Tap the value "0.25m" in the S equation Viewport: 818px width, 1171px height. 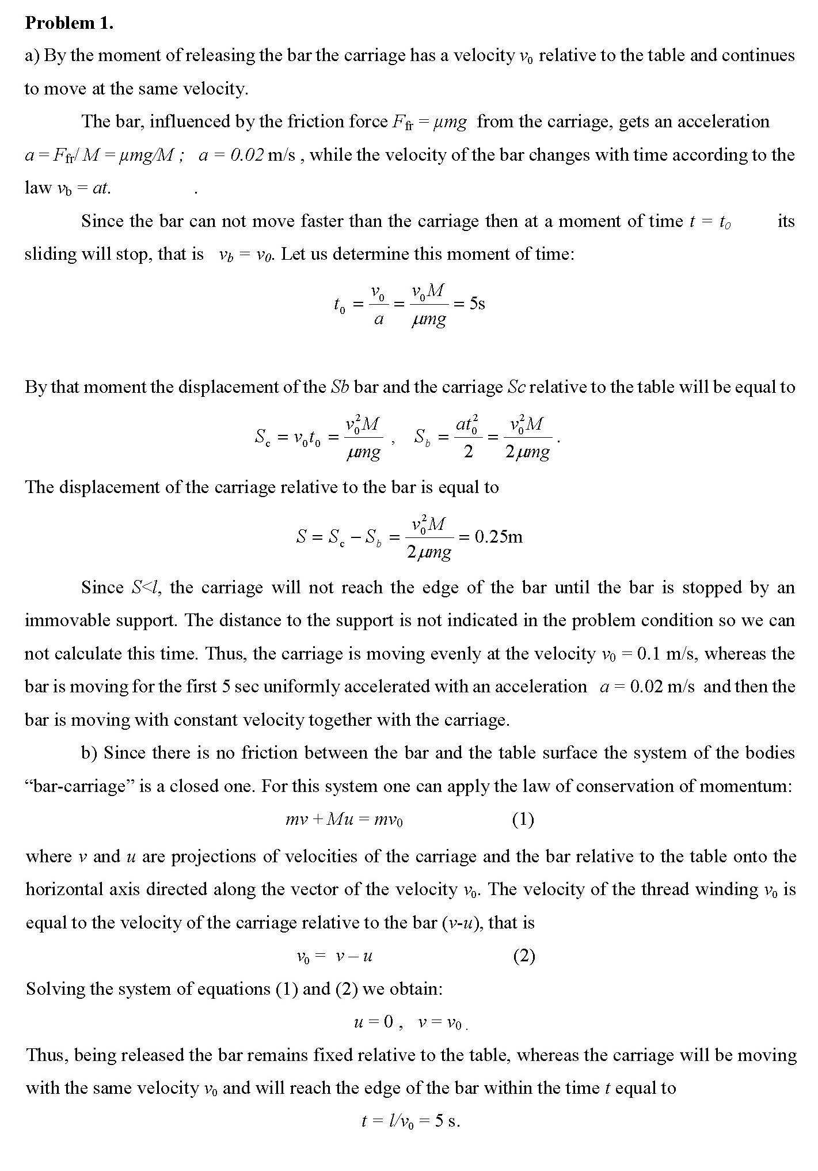coord(499,537)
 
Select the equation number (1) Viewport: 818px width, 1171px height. coord(523,819)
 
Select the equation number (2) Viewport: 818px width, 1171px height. coord(523,956)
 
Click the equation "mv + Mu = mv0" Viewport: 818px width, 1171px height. coord(344,820)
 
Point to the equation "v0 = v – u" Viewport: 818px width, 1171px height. coord(334,957)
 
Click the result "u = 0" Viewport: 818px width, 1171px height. coord(373,1022)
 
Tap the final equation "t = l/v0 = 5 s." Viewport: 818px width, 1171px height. coord(410,1121)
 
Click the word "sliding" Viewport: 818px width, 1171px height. coord(51,254)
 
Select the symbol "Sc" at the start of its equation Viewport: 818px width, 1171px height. coord(262,438)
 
